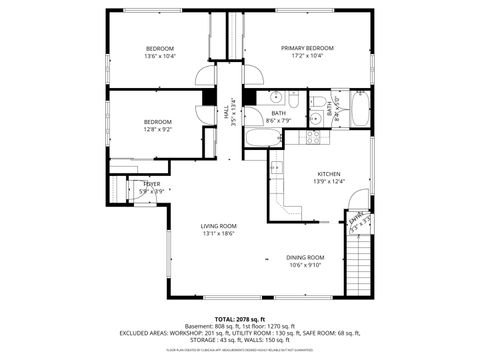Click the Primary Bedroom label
point(307,48)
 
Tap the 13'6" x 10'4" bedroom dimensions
point(160,57)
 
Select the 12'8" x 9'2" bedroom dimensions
point(158,129)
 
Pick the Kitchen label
point(329,173)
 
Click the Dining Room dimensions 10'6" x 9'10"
point(306,265)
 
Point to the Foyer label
point(152,184)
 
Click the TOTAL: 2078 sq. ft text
point(240,317)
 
